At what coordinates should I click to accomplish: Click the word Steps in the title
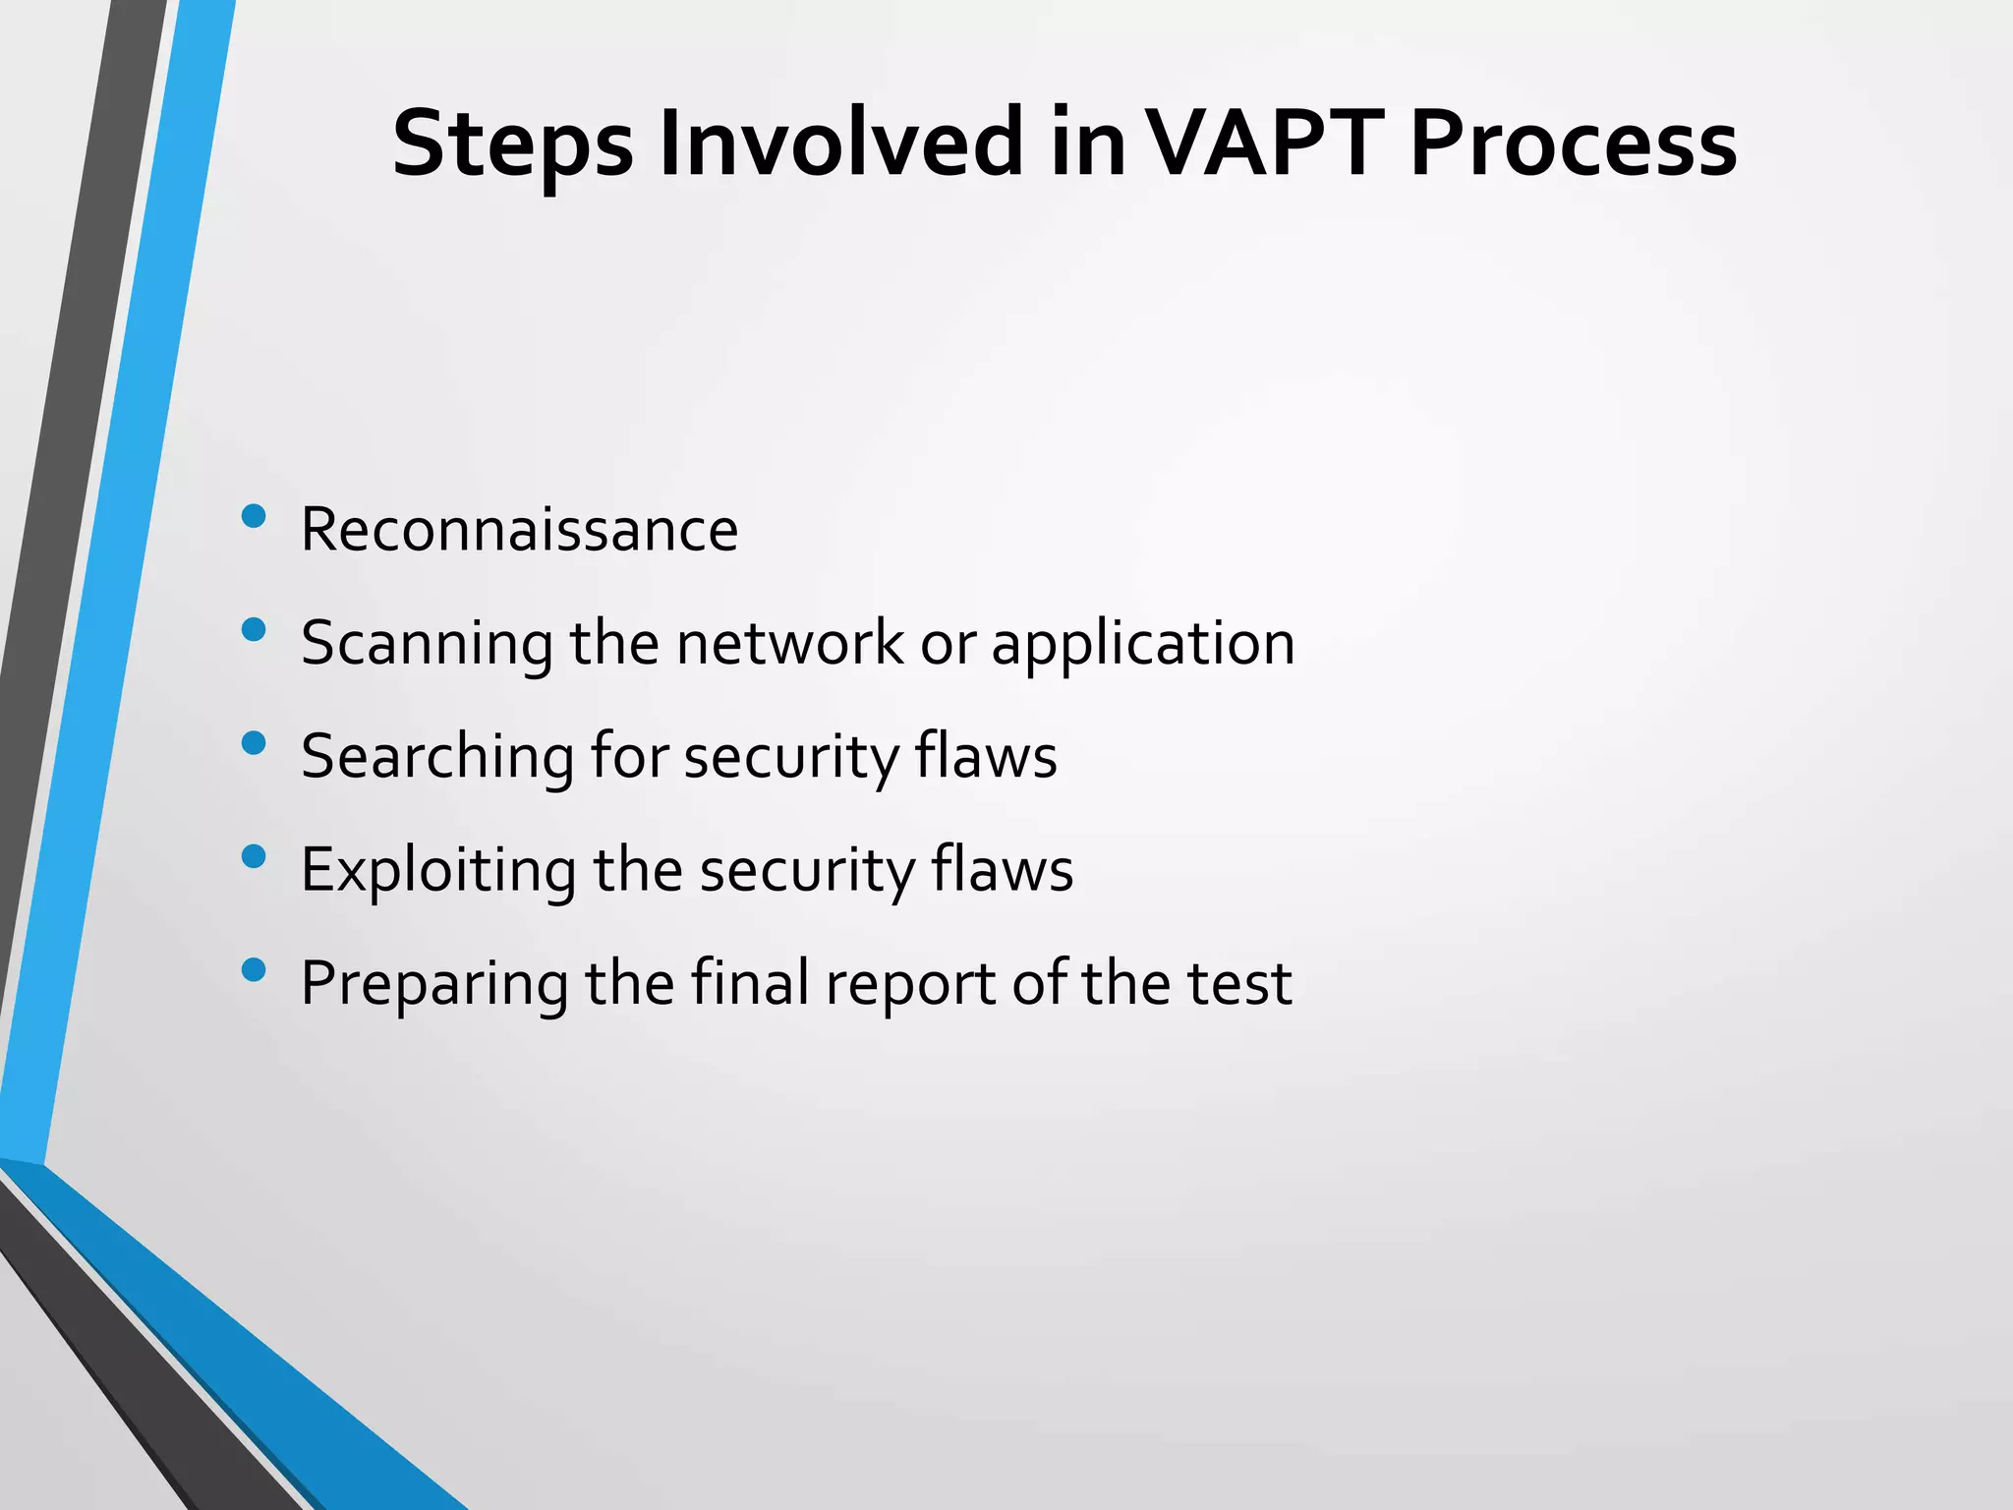click(x=512, y=145)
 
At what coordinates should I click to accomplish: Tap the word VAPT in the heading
click(x=1267, y=145)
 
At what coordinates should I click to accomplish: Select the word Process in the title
click(x=1573, y=145)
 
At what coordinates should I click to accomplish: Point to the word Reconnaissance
click(x=519, y=530)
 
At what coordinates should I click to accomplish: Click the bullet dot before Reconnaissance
click(x=254, y=516)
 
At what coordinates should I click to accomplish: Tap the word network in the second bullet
click(x=789, y=644)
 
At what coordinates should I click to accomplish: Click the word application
click(x=1142, y=644)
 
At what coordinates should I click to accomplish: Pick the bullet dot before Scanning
click(x=254, y=629)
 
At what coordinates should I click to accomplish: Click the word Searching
click(x=436, y=757)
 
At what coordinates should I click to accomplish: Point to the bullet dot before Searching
click(x=254, y=743)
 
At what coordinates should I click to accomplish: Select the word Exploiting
click(x=437, y=871)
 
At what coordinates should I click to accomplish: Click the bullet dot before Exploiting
click(x=254, y=856)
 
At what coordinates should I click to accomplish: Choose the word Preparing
click(x=433, y=984)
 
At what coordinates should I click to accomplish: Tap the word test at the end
click(x=1238, y=984)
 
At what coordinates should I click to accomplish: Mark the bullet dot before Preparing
click(x=254, y=970)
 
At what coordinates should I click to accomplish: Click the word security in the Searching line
click(x=790, y=757)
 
